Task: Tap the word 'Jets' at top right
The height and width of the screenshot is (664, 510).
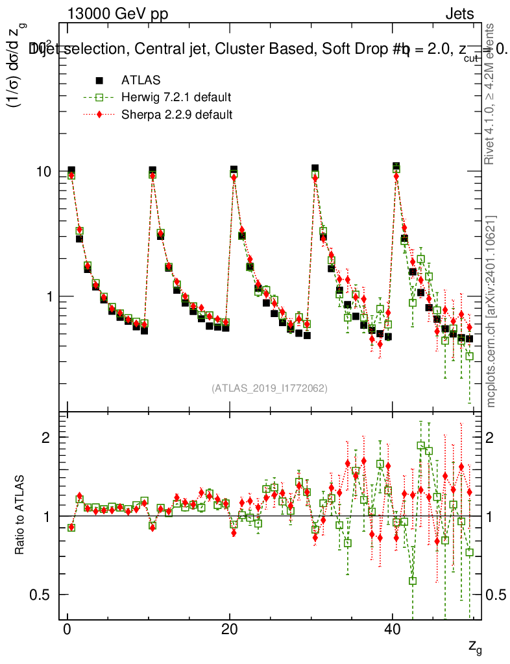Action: pos(459,14)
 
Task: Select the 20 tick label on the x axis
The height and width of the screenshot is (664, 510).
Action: pos(229,630)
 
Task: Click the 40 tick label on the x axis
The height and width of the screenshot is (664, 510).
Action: pos(391,630)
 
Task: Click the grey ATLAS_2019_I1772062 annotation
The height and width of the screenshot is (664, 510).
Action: pos(269,388)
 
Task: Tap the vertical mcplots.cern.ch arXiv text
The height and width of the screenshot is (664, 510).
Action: pos(491,311)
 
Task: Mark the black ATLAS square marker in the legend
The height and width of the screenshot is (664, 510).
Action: pos(99,80)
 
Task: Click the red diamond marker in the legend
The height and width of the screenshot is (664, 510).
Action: pos(99,115)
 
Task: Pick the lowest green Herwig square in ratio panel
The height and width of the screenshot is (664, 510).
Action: pos(413,581)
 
